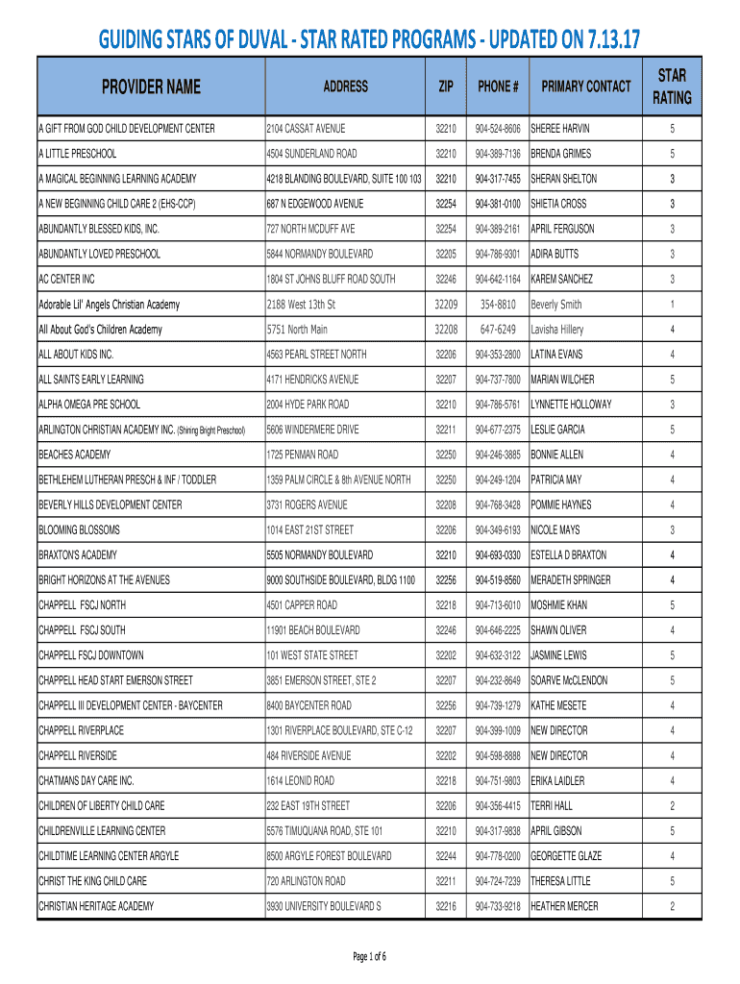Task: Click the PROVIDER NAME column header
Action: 152,87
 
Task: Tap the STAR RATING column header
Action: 673,87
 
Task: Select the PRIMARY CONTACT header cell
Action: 586,87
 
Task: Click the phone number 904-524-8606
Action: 498,129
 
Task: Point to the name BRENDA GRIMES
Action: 561,154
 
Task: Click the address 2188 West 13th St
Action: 301,305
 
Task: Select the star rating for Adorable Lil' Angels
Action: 673,305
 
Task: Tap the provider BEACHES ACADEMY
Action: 75,455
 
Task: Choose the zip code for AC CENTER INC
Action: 446,280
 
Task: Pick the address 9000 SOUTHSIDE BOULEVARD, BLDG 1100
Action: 341,580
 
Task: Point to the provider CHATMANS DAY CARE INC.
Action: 86,781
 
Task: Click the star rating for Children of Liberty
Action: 673,806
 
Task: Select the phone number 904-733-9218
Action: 498,906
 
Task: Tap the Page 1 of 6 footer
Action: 370,956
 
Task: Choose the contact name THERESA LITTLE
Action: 561,881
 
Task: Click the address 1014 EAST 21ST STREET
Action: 310,530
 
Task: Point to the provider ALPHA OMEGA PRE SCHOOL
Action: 89,405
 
